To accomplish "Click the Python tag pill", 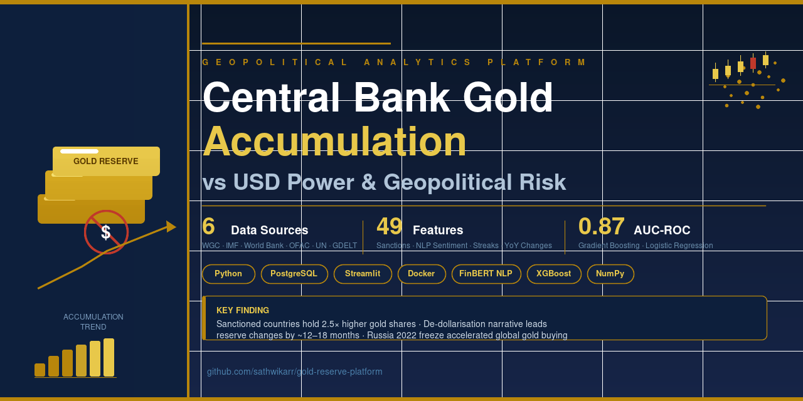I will click(228, 274).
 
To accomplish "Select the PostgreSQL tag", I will click(294, 274).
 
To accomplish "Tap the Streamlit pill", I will click(363, 274).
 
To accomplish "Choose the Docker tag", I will click(422, 274).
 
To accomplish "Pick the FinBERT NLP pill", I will click(486, 274).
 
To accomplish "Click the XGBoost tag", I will click(554, 274).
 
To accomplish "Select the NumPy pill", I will click(610, 274).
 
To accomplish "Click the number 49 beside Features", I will click(390, 226).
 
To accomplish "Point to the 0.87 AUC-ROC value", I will click(601, 226).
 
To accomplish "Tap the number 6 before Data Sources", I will click(208, 226).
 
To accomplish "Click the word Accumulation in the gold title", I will click(334, 142).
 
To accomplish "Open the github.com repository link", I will click(294, 372).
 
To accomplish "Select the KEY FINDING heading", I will click(243, 310).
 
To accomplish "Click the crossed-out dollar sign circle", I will click(106, 232).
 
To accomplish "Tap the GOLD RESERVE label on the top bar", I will click(106, 161).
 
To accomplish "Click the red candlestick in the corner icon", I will click(753, 63).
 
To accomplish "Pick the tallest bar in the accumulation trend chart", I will click(109, 357).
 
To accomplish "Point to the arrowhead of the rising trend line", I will click(171, 226).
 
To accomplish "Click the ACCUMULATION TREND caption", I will click(93, 322).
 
